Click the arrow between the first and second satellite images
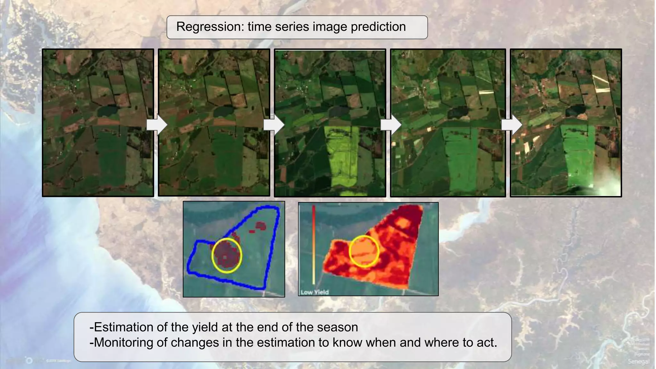157,125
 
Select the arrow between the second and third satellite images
274,125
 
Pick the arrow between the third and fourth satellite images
390,125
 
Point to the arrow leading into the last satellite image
511,125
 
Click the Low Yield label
314,292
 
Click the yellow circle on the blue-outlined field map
226,255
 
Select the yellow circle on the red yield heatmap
364,251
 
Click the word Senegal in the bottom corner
638,362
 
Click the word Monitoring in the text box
123,343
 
